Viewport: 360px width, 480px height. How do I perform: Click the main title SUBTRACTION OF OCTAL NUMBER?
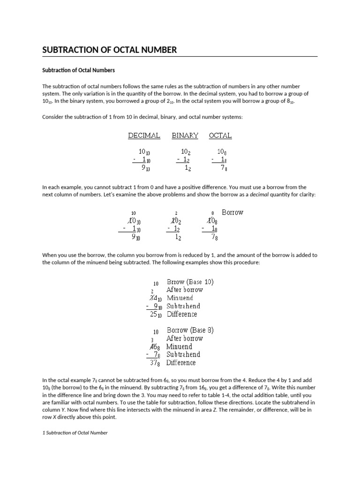110,50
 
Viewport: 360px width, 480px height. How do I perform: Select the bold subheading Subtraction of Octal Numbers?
78,70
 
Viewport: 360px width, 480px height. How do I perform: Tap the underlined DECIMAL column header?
144,135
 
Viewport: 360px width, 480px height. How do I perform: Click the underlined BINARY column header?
185,135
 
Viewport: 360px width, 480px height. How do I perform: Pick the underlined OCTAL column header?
220,135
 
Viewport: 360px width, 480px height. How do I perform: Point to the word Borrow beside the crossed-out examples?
232,212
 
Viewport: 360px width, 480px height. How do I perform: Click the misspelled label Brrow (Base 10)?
190,282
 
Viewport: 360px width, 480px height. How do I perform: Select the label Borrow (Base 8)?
190,330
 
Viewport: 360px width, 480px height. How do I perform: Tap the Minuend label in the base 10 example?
180,298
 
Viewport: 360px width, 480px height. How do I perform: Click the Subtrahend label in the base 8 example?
183,354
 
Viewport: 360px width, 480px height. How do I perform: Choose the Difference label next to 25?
182,314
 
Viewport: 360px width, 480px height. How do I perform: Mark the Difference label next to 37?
181,363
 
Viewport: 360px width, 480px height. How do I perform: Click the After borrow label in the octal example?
185,338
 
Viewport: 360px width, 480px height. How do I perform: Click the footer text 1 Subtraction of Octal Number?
75,433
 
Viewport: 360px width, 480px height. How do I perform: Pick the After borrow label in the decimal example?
185,290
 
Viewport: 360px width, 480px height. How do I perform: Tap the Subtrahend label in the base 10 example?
183,306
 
